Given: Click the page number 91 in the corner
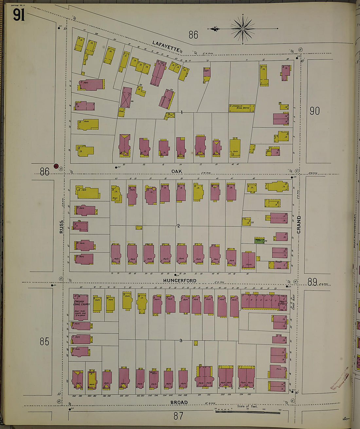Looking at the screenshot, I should click(19, 15).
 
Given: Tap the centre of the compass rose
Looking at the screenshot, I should click(243, 29).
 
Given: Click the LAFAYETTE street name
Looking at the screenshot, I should click(166, 46).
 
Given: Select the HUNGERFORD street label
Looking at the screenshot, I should click(180, 281).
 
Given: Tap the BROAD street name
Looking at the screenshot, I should click(179, 402).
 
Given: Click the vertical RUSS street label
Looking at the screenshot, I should click(62, 227).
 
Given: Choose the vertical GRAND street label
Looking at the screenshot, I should click(298, 224).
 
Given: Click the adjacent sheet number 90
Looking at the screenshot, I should click(314, 111).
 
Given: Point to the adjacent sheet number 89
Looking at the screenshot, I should click(312, 282).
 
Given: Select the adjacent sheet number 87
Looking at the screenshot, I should click(178, 416).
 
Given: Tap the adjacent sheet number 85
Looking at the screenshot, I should click(45, 341).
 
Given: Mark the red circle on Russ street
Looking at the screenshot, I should click(56, 166).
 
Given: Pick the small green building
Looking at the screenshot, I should click(259, 241).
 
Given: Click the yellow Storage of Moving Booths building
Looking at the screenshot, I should click(242, 108).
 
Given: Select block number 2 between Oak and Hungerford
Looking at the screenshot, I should click(178, 226).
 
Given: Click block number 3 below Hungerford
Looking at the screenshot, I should click(181, 341).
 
